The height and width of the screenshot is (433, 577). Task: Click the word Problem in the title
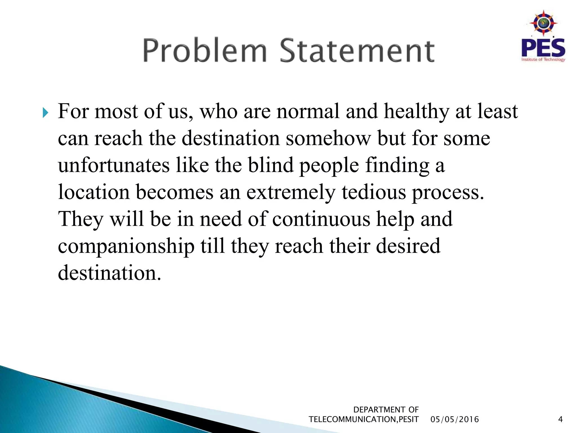[205, 51]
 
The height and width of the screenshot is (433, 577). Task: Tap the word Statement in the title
[357, 51]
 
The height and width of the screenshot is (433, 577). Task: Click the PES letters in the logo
[543, 48]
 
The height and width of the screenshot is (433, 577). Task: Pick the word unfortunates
[114, 165]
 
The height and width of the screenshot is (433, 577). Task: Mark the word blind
[271, 165]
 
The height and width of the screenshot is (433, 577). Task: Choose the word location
[94, 192]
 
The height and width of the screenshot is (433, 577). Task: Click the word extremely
[291, 193]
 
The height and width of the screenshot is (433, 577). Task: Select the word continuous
[321, 219]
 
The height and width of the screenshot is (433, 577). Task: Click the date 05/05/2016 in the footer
[455, 419]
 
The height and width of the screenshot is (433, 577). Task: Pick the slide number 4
[560, 419]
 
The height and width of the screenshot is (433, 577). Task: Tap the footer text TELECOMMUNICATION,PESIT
[364, 419]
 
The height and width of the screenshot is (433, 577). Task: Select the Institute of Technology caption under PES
[543, 59]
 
